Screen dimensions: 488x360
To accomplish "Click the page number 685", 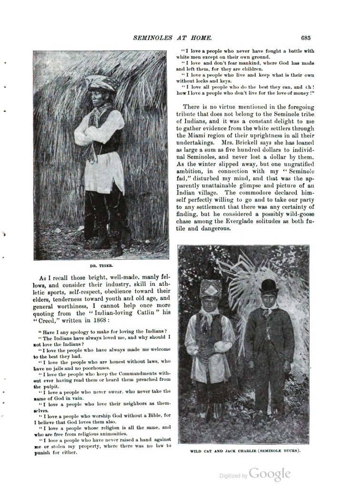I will (306, 38).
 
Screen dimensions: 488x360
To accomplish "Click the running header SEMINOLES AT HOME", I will (172, 38).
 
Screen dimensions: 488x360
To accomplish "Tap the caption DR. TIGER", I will (100, 266).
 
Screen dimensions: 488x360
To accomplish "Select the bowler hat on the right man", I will (269, 286).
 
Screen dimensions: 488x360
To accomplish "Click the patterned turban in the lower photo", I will (210, 288).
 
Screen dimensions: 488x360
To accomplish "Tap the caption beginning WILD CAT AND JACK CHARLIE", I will (245, 450).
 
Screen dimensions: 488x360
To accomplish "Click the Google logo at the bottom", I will (270, 474).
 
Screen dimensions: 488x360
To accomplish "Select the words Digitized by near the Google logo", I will (233, 476).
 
